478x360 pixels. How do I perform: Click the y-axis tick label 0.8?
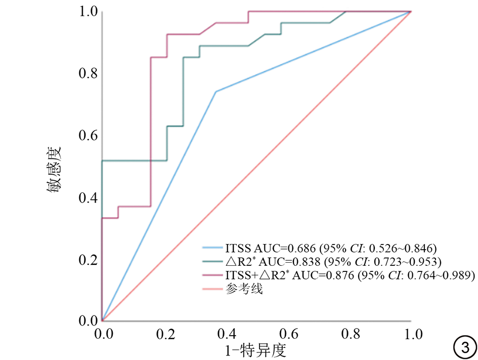coord(89,73)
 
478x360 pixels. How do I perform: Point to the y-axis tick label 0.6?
coord(89,136)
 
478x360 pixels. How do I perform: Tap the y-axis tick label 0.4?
coord(89,197)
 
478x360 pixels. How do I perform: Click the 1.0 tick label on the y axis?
coord(89,11)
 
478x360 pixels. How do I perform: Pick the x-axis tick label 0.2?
coord(165,334)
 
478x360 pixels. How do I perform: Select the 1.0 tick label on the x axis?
coord(413,334)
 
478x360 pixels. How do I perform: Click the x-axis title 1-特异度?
coord(256,349)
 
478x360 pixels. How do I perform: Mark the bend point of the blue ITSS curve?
coord(216,92)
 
